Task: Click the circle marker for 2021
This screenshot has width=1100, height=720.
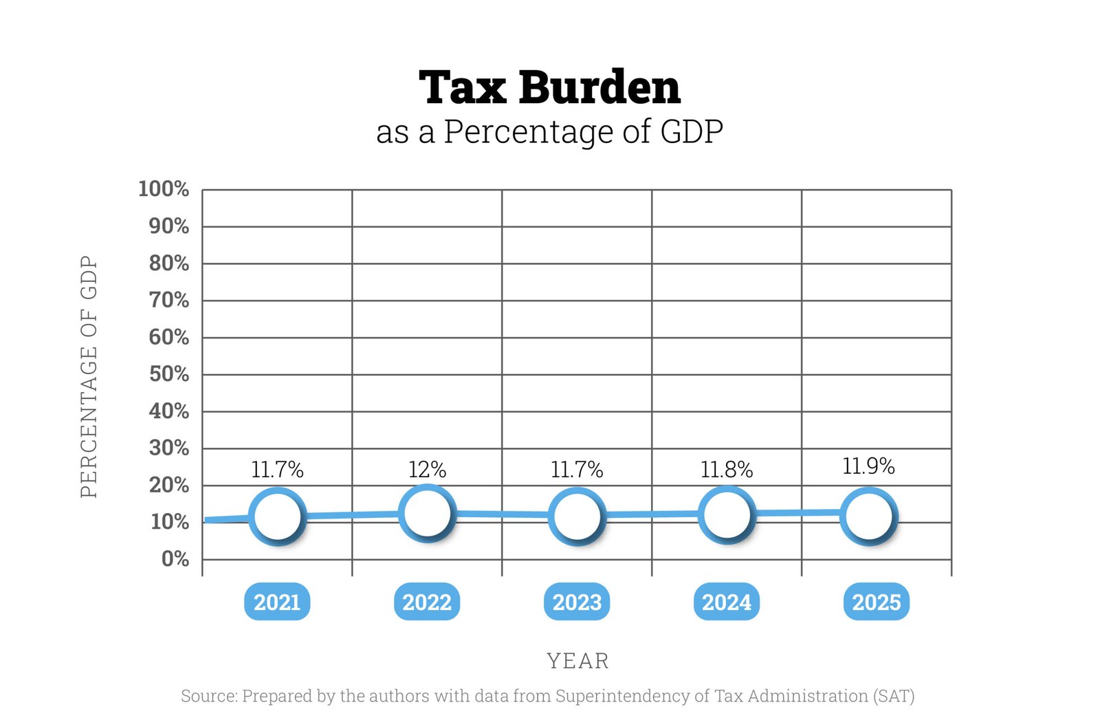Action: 277,516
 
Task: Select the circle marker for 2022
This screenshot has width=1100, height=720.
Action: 427,513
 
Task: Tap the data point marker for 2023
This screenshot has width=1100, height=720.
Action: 577,516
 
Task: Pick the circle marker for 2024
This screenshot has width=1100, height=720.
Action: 727,514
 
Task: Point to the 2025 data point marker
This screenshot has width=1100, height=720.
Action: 869,516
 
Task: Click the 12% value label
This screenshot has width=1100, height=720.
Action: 427,470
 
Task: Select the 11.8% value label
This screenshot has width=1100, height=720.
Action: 727,470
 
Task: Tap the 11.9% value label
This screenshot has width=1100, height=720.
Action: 869,466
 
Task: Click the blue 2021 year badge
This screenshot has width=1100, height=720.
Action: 277,602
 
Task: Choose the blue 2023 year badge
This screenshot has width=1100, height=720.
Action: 577,602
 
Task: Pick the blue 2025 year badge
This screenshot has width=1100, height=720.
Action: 877,602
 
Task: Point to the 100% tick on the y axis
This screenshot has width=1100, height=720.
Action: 164,188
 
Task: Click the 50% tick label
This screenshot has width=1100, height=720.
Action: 169,374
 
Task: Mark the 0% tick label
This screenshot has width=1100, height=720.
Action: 175,559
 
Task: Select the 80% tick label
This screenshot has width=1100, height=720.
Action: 169,263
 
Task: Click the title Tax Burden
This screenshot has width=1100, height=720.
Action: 549,87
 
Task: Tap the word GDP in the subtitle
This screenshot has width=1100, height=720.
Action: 691,131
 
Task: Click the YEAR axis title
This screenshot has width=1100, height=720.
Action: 577,661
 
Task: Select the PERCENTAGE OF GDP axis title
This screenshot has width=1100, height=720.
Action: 89,376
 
